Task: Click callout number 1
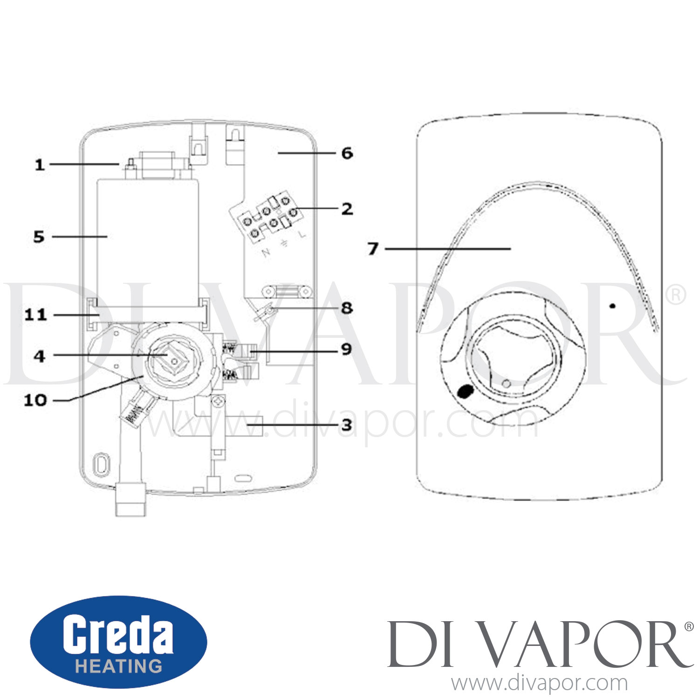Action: (x=40, y=165)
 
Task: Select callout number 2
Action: (x=347, y=209)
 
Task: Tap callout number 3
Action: (x=347, y=425)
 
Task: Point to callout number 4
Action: (x=40, y=356)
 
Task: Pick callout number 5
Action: (x=39, y=237)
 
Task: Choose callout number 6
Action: (x=347, y=153)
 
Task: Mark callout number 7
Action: (x=373, y=249)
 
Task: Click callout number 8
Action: (x=347, y=308)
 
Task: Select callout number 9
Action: (x=346, y=349)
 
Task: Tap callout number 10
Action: (x=35, y=400)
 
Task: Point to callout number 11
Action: (x=36, y=315)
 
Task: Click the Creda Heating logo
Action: (x=118, y=642)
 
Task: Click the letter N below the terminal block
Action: (x=266, y=253)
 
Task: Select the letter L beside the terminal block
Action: (x=303, y=234)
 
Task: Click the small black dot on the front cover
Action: (x=613, y=306)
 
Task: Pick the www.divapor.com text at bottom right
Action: (x=539, y=684)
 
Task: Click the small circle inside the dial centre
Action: (x=507, y=384)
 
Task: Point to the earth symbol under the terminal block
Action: (x=284, y=243)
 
